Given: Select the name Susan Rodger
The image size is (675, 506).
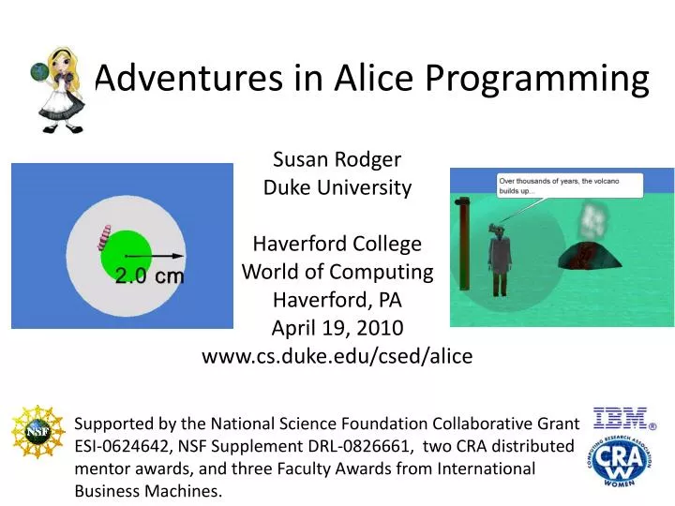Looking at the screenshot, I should (x=337, y=158).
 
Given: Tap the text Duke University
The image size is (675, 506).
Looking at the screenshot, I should (x=337, y=187).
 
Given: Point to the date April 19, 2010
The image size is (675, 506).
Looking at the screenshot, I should (x=337, y=328).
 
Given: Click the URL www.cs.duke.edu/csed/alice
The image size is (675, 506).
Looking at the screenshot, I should (x=337, y=356).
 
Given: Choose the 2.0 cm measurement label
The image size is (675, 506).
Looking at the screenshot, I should (x=150, y=276).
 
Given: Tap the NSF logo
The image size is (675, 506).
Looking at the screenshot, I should (x=37, y=435).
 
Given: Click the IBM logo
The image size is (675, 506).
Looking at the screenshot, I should (x=622, y=419).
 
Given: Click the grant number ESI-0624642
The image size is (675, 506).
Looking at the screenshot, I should (x=124, y=446).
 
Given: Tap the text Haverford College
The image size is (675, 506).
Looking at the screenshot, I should (x=337, y=244).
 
